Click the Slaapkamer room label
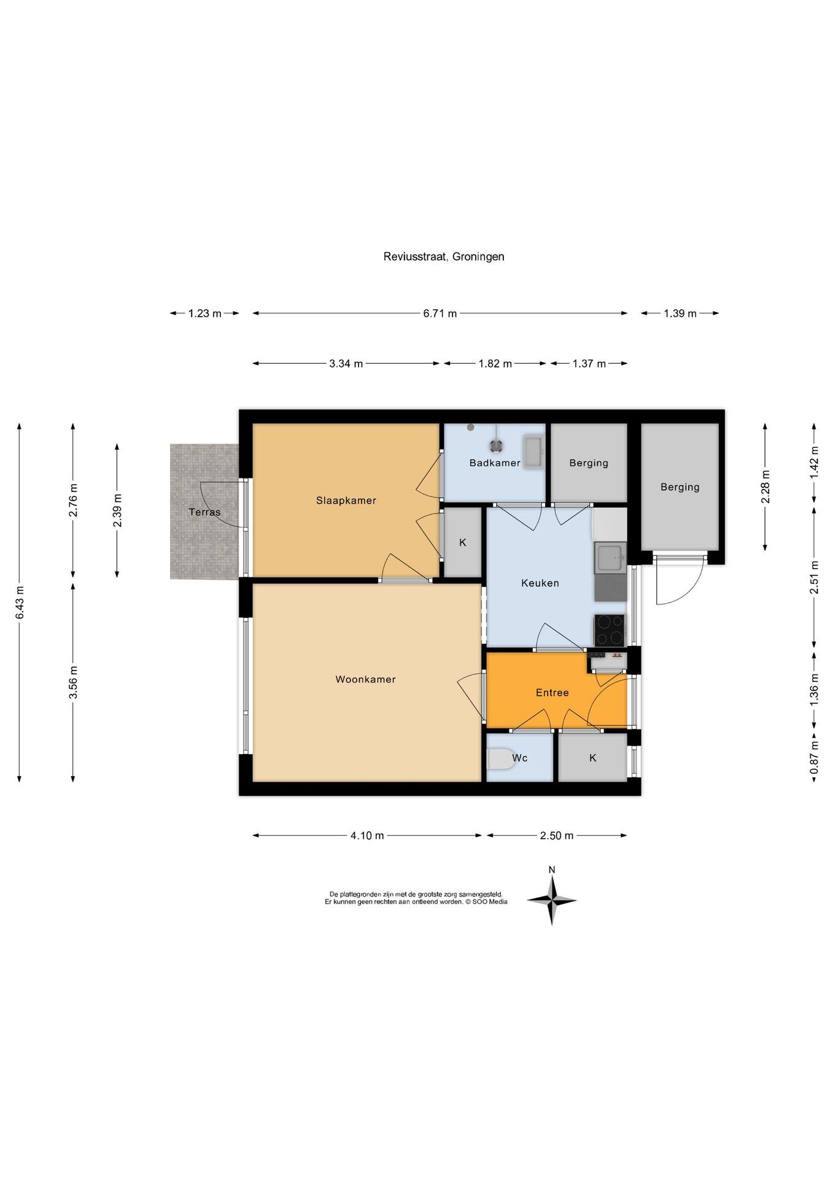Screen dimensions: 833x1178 pyautogui.click(x=346, y=501)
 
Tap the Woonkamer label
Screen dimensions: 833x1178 pyautogui.click(x=365, y=679)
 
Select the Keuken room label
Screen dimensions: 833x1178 pyautogui.click(x=540, y=583)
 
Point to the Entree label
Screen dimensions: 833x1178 pyautogui.click(x=552, y=693)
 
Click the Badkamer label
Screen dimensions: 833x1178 pyautogui.click(x=495, y=463)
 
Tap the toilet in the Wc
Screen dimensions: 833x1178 pyautogui.click(x=500, y=759)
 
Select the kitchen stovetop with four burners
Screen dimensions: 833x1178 pyautogui.click(x=610, y=630)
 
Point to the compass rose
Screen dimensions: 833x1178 pyautogui.click(x=552, y=900)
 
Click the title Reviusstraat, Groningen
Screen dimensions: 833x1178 pyautogui.click(x=444, y=256)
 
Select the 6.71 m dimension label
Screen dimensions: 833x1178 pyautogui.click(x=440, y=314)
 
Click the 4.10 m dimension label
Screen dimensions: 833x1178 pyautogui.click(x=367, y=836)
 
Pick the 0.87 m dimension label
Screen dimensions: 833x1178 pyautogui.click(x=815, y=758)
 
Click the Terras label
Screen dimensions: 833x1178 pyautogui.click(x=204, y=512)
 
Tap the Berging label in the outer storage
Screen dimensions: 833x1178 pyautogui.click(x=680, y=487)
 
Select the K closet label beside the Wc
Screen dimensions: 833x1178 pyautogui.click(x=593, y=758)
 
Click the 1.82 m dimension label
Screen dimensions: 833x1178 pyautogui.click(x=495, y=364)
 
